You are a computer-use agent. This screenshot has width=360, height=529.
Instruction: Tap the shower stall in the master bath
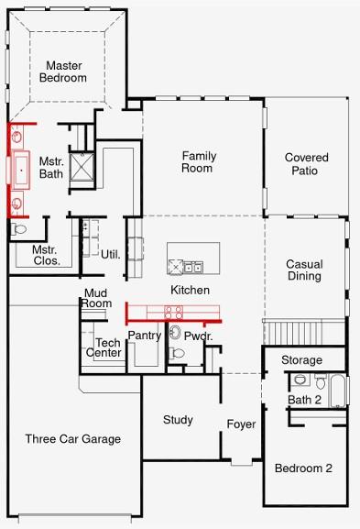click(84, 168)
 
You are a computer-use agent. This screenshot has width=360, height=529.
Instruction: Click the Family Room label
click(198, 161)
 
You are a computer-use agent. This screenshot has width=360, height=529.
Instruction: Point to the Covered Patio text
click(306, 164)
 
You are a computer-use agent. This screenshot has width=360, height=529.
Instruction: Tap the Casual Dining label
click(303, 270)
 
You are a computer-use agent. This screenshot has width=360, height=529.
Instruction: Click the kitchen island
click(192, 259)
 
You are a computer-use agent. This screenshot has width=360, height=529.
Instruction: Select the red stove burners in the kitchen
click(174, 314)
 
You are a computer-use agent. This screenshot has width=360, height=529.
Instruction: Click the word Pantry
click(144, 336)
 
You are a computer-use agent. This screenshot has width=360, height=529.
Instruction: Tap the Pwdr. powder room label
click(198, 336)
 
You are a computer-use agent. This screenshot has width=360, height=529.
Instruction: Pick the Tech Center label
click(104, 347)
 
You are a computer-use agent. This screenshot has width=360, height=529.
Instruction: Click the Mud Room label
click(97, 298)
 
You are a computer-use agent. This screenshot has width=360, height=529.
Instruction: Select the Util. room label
click(111, 254)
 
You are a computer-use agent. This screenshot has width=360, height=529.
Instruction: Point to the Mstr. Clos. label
click(45, 255)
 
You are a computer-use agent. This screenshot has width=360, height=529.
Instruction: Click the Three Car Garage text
click(72, 438)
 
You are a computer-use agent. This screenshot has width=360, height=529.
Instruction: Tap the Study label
click(178, 420)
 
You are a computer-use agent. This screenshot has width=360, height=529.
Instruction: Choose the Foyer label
click(242, 424)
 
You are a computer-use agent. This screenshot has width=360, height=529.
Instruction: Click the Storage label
click(301, 359)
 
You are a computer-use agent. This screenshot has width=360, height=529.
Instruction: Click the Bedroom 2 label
click(303, 468)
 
